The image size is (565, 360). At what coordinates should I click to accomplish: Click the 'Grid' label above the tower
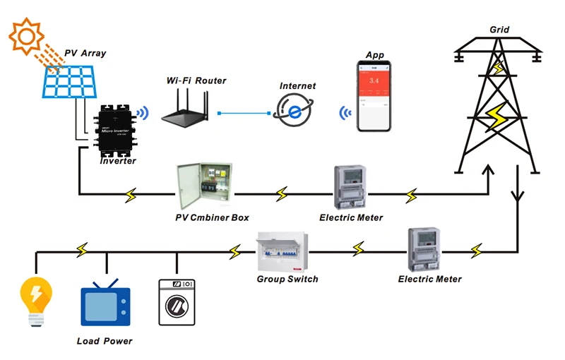(x=499, y=30)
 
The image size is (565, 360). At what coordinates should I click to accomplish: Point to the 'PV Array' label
(x=84, y=53)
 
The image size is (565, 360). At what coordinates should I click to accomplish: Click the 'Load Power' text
(x=104, y=341)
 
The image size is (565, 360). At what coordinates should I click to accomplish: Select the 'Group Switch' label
(x=287, y=279)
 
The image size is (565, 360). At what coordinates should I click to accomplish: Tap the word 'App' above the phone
(x=374, y=55)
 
